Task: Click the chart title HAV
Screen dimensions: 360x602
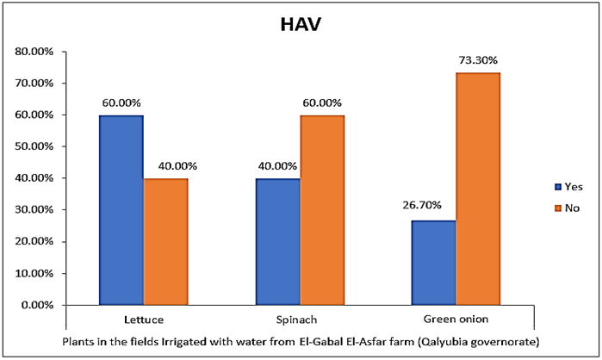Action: click(x=301, y=25)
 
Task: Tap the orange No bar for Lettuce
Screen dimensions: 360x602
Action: click(x=165, y=241)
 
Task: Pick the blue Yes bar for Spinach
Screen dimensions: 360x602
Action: click(x=278, y=241)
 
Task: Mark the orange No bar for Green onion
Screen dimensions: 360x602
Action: click(x=479, y=189)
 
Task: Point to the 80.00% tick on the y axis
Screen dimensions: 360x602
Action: click(x=34, y=52)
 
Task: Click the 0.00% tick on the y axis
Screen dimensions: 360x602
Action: click(x=36, y=305)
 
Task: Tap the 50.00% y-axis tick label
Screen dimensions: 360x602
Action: click(x=34, y=146)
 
